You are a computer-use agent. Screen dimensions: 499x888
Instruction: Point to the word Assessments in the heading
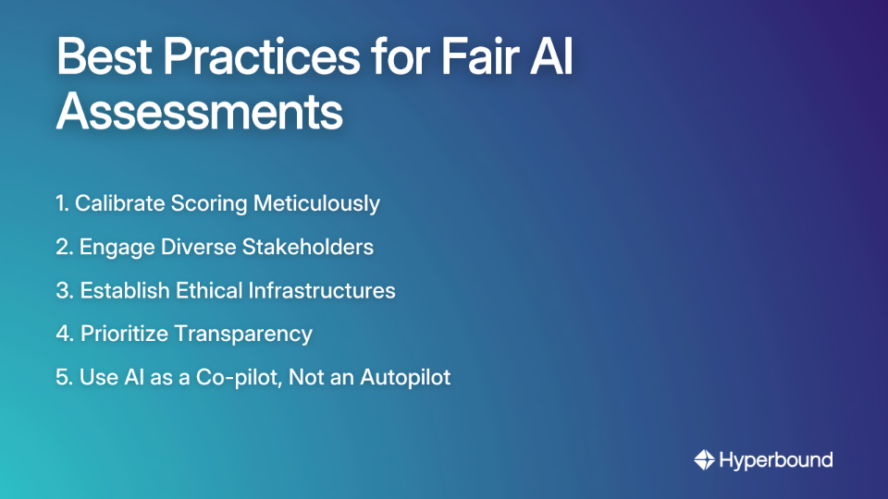[200, 113]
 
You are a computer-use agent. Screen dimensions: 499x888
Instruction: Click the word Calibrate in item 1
[118, 203]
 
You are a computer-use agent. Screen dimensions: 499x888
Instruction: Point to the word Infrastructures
[322, 290]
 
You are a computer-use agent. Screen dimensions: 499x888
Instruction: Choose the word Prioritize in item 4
[125, 334]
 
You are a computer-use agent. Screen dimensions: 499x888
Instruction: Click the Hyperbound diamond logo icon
[704, 459]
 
